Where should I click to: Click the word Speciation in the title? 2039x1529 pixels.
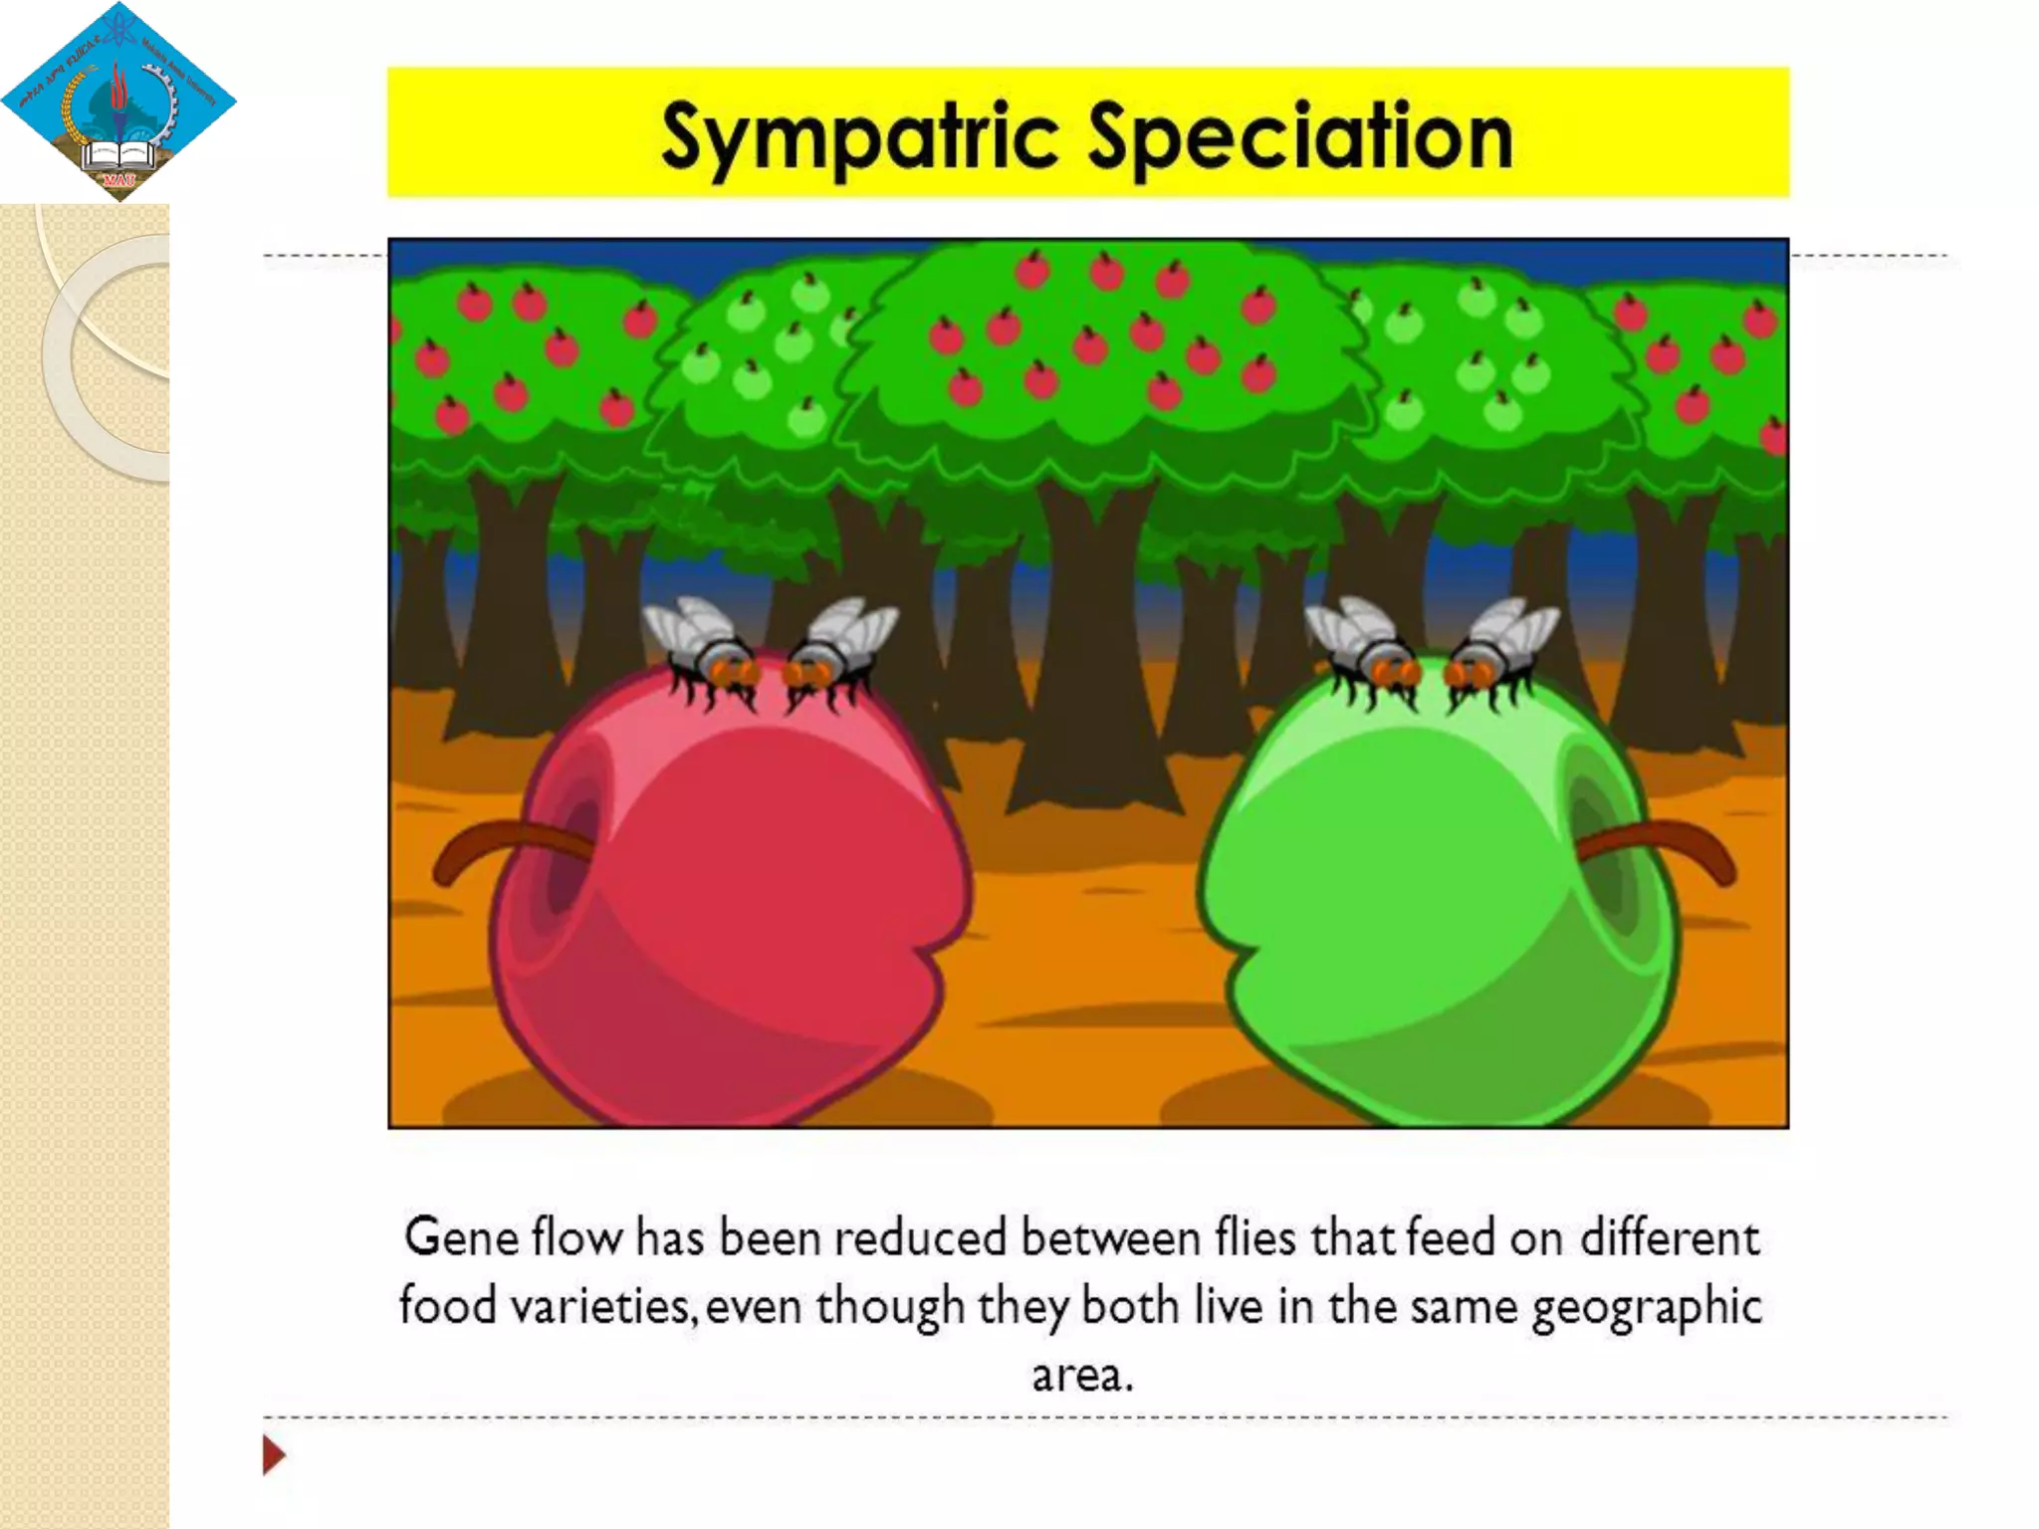(1299, 138)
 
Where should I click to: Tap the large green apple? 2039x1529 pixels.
(1434, 896)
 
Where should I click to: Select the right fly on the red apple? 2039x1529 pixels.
(836, 647)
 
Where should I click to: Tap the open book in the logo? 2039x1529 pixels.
(119, 155)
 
